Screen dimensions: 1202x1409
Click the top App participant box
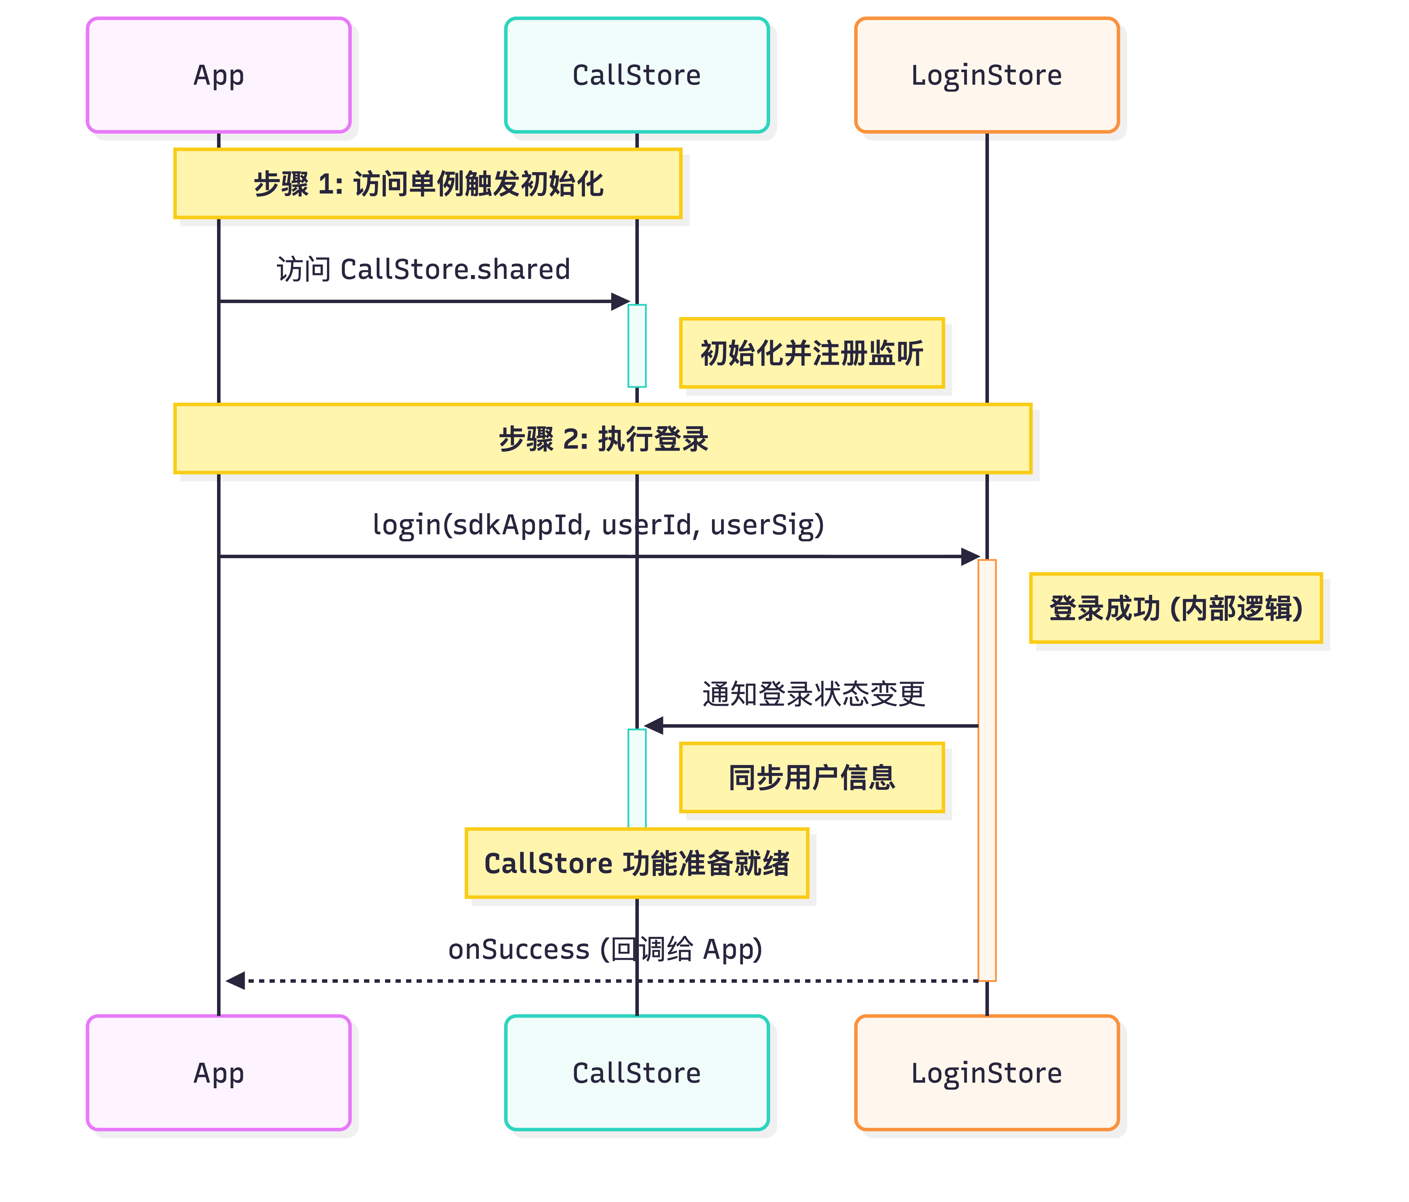click(218, 75)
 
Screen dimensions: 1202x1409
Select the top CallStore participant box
click(636, 75)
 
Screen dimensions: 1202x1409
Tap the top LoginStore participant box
click(987, 75)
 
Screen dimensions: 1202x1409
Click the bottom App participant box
click(218, 1073)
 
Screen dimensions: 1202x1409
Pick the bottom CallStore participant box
click(636, 1073)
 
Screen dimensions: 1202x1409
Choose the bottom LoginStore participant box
click(987, 1073)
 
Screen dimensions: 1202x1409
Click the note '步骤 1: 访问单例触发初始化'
click(428, 184)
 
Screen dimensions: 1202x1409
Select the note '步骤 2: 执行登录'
click(602, 438)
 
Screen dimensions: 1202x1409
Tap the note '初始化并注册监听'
click(812, 353)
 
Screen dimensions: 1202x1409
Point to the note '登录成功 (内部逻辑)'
click(1176, 608)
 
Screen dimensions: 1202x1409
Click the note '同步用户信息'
click(812, 777)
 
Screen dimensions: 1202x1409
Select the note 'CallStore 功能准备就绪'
click(636, 863)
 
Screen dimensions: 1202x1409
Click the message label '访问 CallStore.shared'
click(423, 269)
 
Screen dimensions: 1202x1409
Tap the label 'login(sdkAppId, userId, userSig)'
click(598, 524)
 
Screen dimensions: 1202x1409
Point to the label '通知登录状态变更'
click(813, 694)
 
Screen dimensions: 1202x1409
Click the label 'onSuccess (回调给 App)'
click(605, 949)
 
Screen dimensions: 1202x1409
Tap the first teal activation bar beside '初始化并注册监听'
click(636, 345)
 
